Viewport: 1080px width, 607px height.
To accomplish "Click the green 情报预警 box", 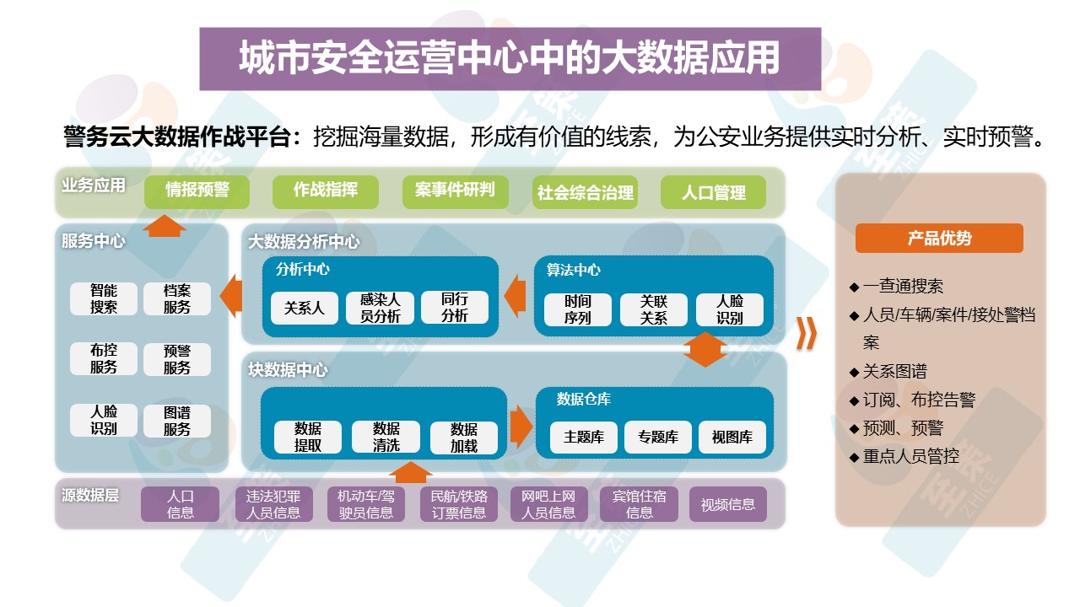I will tap(197, 191).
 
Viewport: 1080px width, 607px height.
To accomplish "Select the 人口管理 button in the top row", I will tap(714, 192).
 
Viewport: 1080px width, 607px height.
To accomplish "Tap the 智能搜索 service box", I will tap(104, 298).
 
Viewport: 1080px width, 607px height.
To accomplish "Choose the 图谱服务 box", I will tap(177, 421).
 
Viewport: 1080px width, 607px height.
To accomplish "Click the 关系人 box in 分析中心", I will tap(304, 308).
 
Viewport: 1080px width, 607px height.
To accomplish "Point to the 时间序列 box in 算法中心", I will tap(578, 309).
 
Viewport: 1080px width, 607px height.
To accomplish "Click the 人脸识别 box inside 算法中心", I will tap(729, 309).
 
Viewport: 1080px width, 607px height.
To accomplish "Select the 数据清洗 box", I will tap(386, 437).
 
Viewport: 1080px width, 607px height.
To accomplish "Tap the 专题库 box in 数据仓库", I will tap(657, 437).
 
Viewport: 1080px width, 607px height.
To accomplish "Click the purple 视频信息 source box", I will tap(727, 504).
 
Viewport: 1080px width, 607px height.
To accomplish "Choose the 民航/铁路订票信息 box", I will tap(459, 504).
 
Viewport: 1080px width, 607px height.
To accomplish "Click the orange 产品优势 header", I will tap(939, 239).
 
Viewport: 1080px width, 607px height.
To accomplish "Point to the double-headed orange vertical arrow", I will tap(705, 349).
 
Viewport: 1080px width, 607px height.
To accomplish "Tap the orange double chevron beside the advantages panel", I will tap(807, 334).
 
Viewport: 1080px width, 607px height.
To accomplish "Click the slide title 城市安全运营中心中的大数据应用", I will tap(510, 58).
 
